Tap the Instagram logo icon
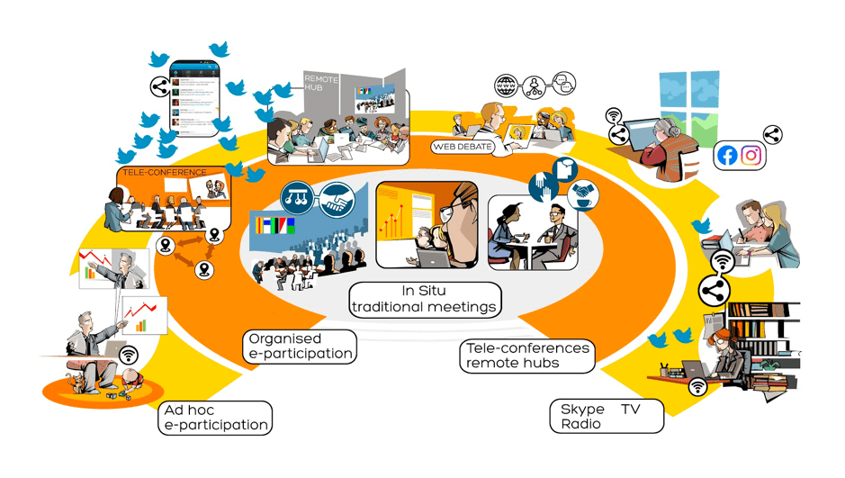click(751, 156)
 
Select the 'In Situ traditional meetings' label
click(425, 299)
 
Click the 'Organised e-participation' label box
click(300, 346)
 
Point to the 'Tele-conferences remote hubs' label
click(526, 356)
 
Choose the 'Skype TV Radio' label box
click(606, 416)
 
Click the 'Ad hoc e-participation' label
click(215, 418)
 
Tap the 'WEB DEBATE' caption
click(463, 146)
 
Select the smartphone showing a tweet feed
click(195, 98)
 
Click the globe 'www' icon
click(508, 86)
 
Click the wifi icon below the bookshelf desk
click(697, 387)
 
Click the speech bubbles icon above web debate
click(563, 84)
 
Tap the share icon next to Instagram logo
click(772, 136)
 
